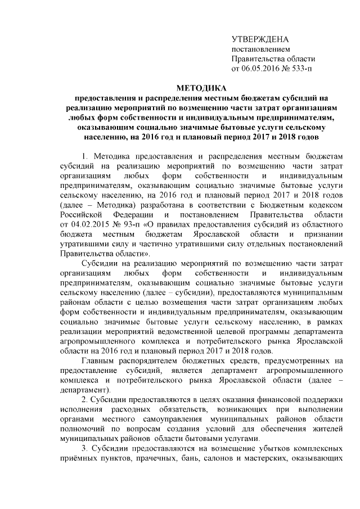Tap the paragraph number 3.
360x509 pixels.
pyautogui.click(x=85, y=449)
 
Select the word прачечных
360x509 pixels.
pyautogui.click(x=155, y=460)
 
